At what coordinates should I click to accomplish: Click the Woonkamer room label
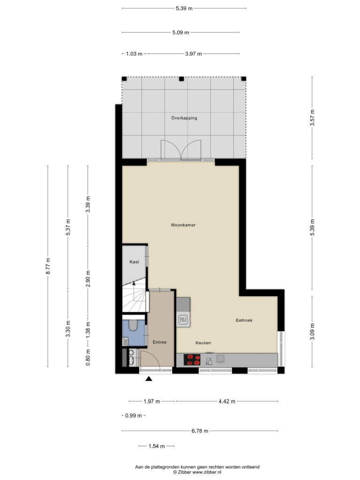tap(183, 225)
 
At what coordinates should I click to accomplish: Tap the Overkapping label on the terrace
tap(184, 118)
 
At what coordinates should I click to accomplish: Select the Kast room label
tap(134, 262)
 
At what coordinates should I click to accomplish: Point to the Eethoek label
tap(244, 320)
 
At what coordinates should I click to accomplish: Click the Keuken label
tap(203, 343)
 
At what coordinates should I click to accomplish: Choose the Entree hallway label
tap(159, 342)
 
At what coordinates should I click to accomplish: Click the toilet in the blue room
tap(133, 325)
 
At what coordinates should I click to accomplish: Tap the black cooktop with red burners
tap(192, 360)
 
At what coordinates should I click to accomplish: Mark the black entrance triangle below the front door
tap(149, 379)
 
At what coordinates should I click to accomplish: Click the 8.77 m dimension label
tap(48, 266)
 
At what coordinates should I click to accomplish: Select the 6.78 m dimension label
tap(200, 431)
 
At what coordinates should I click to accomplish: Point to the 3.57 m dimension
tap(312, 118)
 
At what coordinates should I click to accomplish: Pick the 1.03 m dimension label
tap(134, 54)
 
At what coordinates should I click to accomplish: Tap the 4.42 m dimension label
tap(227, 401)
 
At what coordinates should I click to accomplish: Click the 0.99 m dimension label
tap(134, 416)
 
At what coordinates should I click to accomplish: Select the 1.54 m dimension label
tap(157, 446)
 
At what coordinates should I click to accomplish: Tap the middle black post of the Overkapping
tap(181, 79)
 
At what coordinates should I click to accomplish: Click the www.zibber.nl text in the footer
tap(207, 472)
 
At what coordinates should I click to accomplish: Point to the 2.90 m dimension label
tap(88, 278)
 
